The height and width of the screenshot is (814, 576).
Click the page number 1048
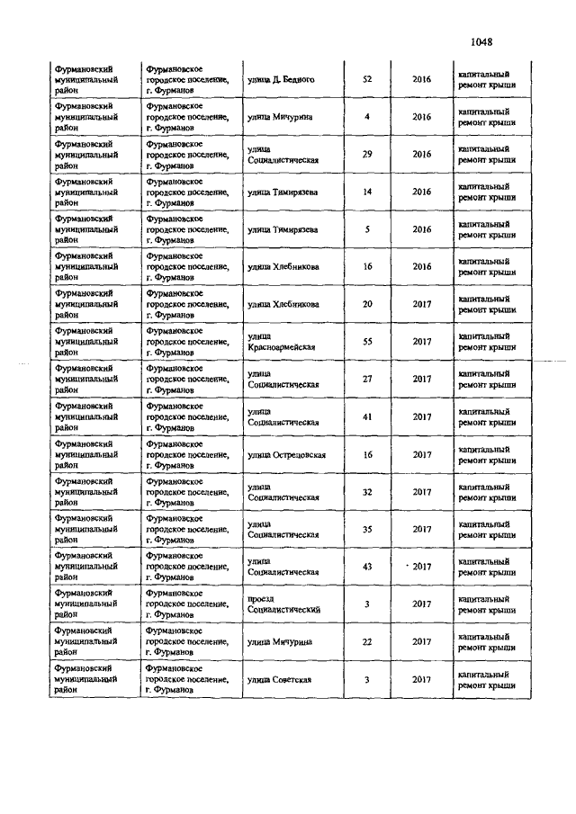pyautogui.click(x=482, y=40)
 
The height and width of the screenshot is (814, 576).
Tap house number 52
pyautogui.click(x=367, y=79)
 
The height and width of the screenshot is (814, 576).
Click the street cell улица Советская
pyautogui.click(x=279, y=679)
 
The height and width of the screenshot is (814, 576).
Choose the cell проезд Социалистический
pyautogui.click(x=283, y=604)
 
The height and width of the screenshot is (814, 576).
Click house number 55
pyautogui.click(x=367, y=342)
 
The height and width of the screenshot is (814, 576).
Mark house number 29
pyautogui.click(x=367, y=154)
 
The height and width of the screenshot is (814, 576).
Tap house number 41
pyautogui.click(x=367, y=416)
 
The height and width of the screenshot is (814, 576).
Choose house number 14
pyautogui.click(x=367, y=192)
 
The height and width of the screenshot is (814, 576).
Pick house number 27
pyautogui.click(x=367, y=379)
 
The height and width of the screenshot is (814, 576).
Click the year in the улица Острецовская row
pyautogui.click(x=422, y=454)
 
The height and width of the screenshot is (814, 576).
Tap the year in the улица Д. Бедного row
pyautogui.click(x=422, y=79)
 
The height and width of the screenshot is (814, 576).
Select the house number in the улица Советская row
pyautogui.click(x=367, y=679)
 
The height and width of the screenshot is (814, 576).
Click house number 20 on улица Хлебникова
pyautogui.click(x=367, y=304)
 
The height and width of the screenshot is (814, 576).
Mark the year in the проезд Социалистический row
pyautogui.click(x=422, y=604)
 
